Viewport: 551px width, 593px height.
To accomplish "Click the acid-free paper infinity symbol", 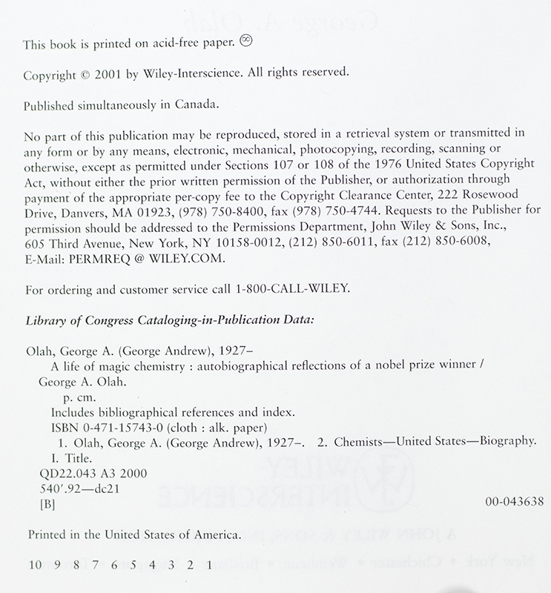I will pos(247,44).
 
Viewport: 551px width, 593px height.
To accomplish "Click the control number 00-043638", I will pos(512,502).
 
